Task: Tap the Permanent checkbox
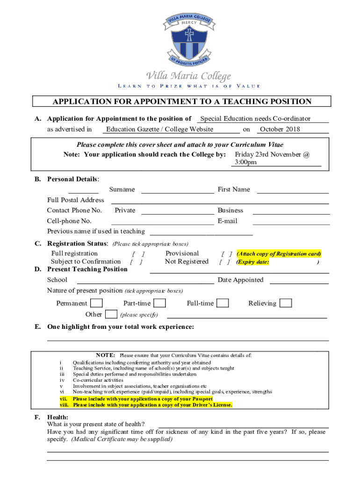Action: pyautogui.click(x=97, y=303)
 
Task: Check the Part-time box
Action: pyautogui.click(x=159, y=303)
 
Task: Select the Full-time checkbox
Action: pyautogui.click(x=223, y=303)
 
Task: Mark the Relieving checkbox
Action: pyautogui.click(x=285, y=303)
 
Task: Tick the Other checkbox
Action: pyautogui.click(x=111, y=314)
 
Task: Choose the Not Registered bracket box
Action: pyautogui.click(x=225, y=262)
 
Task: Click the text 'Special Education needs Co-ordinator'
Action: pyautogui.click(x=255, y=119)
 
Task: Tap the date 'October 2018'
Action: pyautogui.click(x=280, y=130)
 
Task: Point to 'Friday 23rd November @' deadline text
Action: pyautogui.click(x=272, y=154)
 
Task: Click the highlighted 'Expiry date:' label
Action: pyautogui.click(x=253, y=262)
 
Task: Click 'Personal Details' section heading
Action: pyautogui.click(x=73, y=179)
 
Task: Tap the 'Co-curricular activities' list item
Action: pyautogui.click(x=98, y=380)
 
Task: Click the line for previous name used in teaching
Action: pyautogui.click(x=201, y=233)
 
